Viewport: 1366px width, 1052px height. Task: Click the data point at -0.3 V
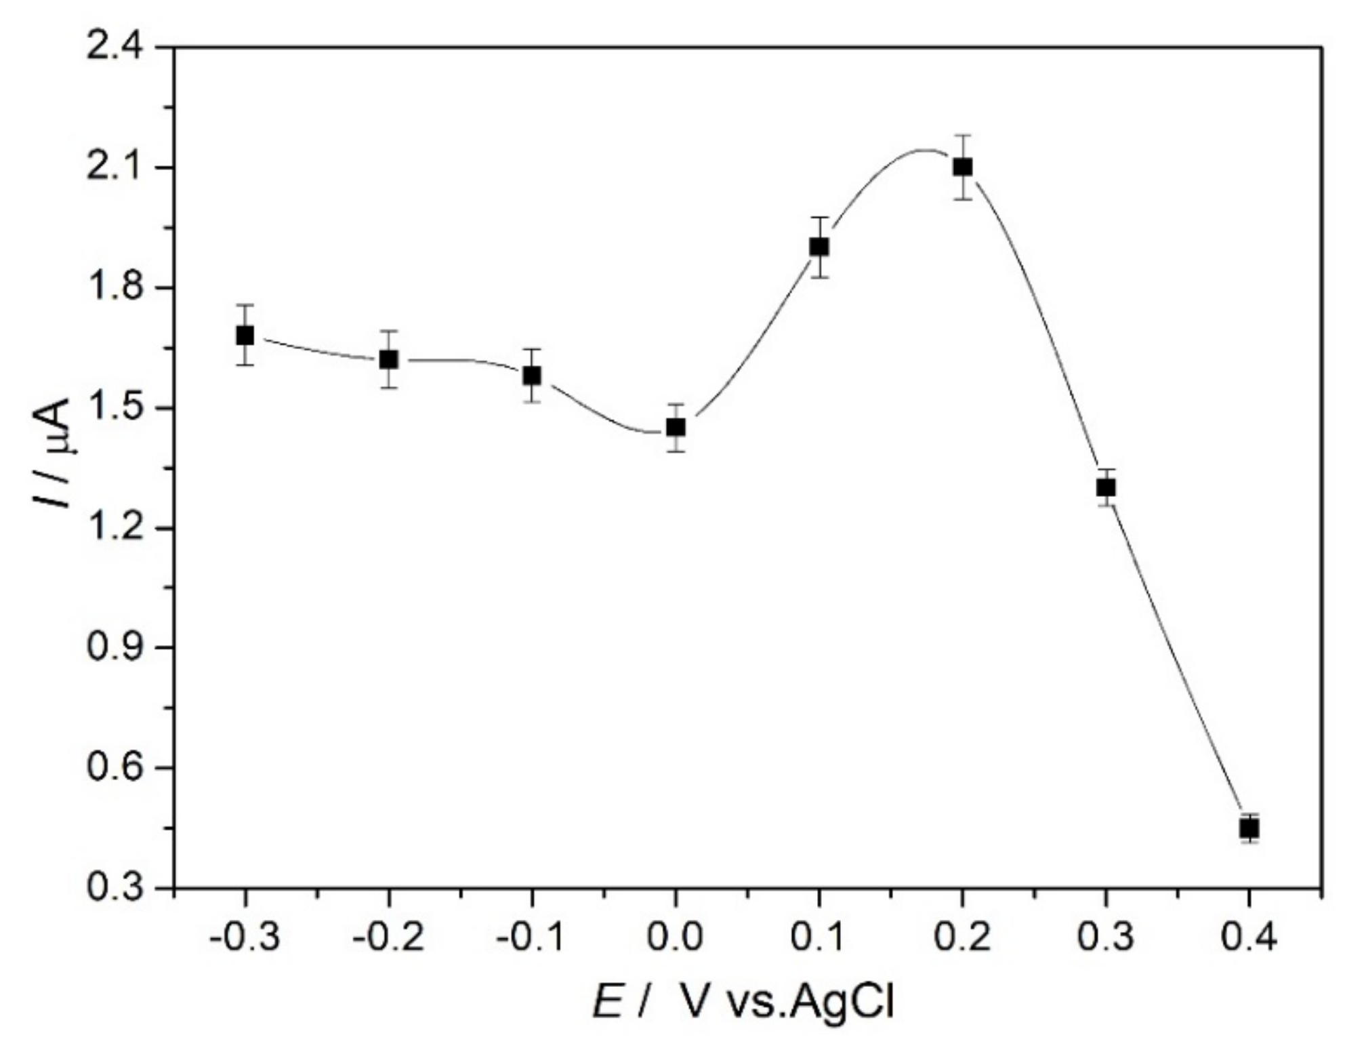click(245, 336)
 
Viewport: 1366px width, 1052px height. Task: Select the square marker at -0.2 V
click(388, 359)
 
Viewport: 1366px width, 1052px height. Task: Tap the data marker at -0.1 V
click(532, 375)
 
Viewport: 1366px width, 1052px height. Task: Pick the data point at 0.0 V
click(676, 427)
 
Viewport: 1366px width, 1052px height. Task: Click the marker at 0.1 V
click(819, 247)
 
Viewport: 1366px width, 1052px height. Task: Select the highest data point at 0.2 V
click(962, 167)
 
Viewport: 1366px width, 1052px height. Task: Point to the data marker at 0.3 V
click(1106, 487)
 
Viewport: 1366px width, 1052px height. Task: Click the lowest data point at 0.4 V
click(1249, 828)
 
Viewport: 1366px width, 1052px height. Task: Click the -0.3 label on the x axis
click(245, 938)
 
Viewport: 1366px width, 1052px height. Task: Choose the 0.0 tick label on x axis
click(676, 938)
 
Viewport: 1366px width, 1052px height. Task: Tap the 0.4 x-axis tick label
click(1249, 938)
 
